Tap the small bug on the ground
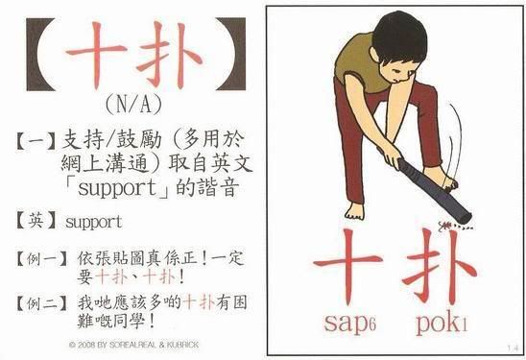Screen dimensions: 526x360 (444, 227)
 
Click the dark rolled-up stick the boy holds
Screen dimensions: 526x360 (433, 188)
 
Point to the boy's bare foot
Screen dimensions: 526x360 (355, 210)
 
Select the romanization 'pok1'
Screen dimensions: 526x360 (442, 324)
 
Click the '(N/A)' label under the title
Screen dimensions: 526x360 (133, 105)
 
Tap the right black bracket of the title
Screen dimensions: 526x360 (231, 54)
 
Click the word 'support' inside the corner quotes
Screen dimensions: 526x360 (117, 188)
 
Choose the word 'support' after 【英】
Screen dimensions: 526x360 (94, 223)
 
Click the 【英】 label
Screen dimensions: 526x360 (36, 222)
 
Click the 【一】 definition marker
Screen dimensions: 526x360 (36, 141)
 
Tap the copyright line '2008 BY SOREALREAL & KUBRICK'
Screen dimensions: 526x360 (133, 345)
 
